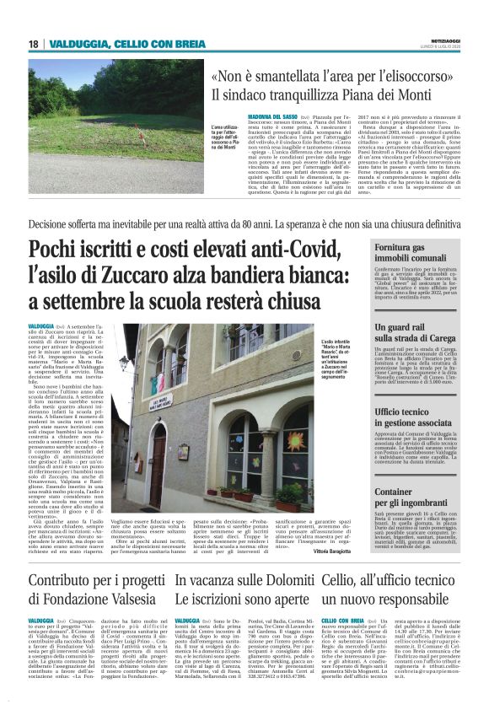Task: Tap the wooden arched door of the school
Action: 158,467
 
